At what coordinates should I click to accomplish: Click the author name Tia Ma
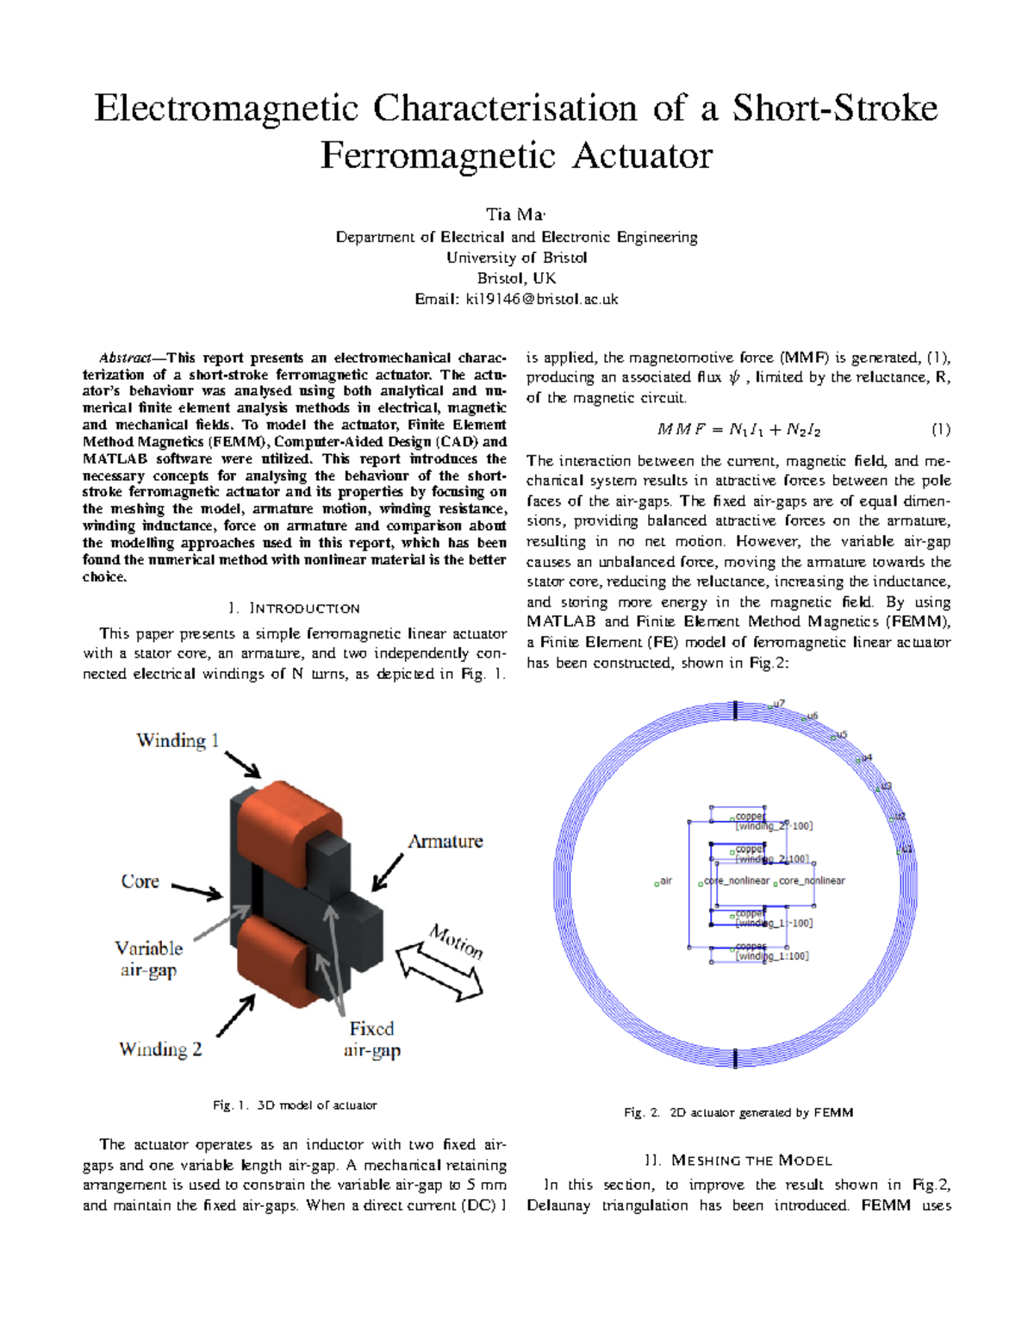pos(515,215)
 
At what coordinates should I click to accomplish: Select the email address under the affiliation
pos(516,299)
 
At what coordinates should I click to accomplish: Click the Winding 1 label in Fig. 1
pos(178,740)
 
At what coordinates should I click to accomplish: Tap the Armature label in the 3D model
pos(445,841)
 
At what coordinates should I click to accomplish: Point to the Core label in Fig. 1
pos(140,881)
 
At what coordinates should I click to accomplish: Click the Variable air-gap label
pos(148,959)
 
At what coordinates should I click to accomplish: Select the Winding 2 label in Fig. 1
pos(160,1049)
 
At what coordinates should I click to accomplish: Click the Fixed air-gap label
pos(371,1039)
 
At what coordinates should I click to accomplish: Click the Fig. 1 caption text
pos(295,1105)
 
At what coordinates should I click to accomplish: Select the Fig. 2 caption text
pos(738,1112)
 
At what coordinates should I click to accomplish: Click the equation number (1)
pos(940,429)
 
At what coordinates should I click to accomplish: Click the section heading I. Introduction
pos(294,608)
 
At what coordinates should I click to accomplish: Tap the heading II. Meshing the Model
pos(738,1161)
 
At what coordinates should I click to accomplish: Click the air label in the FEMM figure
pos(665,881)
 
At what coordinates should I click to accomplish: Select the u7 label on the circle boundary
pos(779,704)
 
